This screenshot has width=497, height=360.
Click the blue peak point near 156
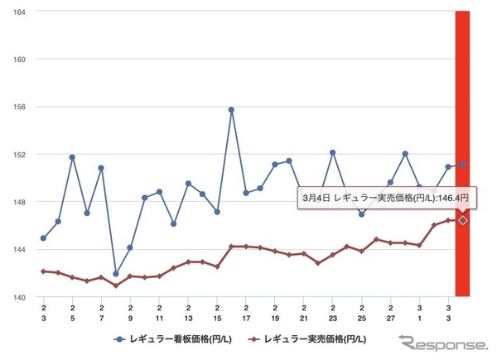(x=231, y=109)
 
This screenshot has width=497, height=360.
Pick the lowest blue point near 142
(x=116, y=274)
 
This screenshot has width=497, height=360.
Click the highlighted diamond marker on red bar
(x=463, y=220)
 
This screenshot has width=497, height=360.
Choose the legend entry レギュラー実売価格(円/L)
(x=311, y=338)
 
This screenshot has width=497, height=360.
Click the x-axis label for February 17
(x=246, y=312)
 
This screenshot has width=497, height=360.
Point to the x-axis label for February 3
(x=43, y=312)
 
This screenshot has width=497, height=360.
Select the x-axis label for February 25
(x=362, y=312)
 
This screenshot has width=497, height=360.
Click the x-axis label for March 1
(x=419, y=312)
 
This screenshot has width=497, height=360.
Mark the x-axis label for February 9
(x=130, y=312)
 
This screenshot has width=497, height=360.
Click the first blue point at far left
(x=43, y=238)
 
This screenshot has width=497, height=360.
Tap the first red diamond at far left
(x=43, y=271)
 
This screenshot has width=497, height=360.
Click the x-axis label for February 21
(x=304, y=312)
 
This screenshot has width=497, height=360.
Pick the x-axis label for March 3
(x=448, y=312)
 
